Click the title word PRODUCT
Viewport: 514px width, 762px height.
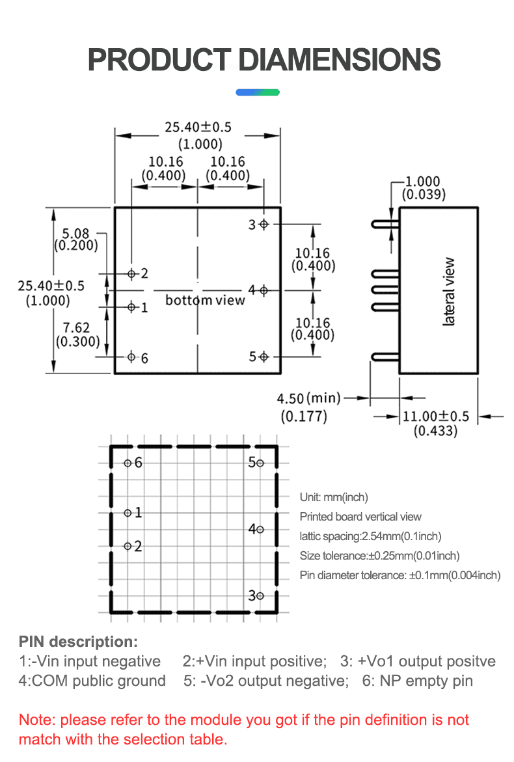(159, 60)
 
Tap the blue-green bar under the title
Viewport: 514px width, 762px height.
(257, 92)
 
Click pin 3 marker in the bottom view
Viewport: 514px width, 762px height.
(264, 225)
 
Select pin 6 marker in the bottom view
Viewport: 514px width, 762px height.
(131, 357)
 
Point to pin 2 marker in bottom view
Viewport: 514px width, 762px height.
(131, 274)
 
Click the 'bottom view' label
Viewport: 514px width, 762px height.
(205, 300)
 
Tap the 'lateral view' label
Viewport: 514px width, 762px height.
(450, 292)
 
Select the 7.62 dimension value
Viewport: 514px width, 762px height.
(77, 328)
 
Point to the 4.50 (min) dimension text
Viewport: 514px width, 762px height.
(309, 398)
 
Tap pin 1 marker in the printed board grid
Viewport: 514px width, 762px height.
(128, 513)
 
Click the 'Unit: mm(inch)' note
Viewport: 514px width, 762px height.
(334, 497)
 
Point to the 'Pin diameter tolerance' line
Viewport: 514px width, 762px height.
(399, 575)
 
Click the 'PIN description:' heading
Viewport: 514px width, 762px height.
(78, 642)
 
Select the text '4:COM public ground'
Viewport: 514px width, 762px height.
(92, 681)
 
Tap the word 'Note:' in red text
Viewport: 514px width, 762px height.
(37, 720)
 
